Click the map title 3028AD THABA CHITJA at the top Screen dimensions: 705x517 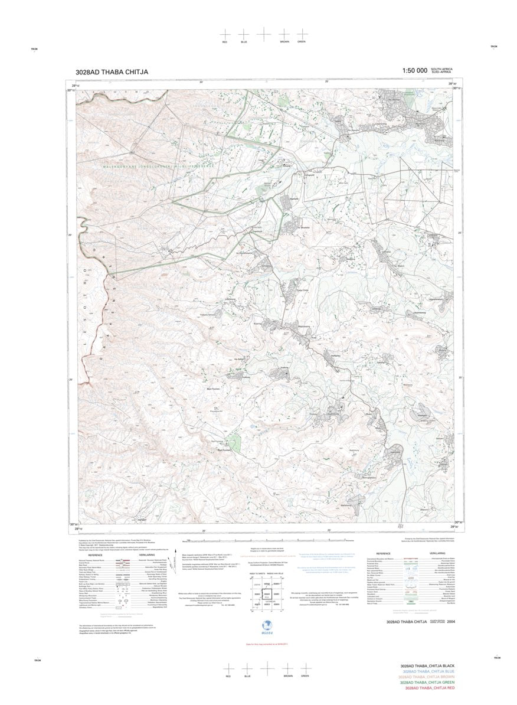coord(112,72)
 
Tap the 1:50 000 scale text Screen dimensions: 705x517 coord(414,71)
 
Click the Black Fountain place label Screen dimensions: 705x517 coord(213,389)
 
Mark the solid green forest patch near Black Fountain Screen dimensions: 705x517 coord(234,442)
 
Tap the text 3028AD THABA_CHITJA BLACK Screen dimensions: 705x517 coord(427,665)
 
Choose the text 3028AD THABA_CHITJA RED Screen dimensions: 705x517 coord(428,688)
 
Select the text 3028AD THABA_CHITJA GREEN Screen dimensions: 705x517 coord(427,683)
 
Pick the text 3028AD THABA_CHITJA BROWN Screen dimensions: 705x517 coord(427,677)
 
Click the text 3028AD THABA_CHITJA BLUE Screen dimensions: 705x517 coord(428,671)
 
